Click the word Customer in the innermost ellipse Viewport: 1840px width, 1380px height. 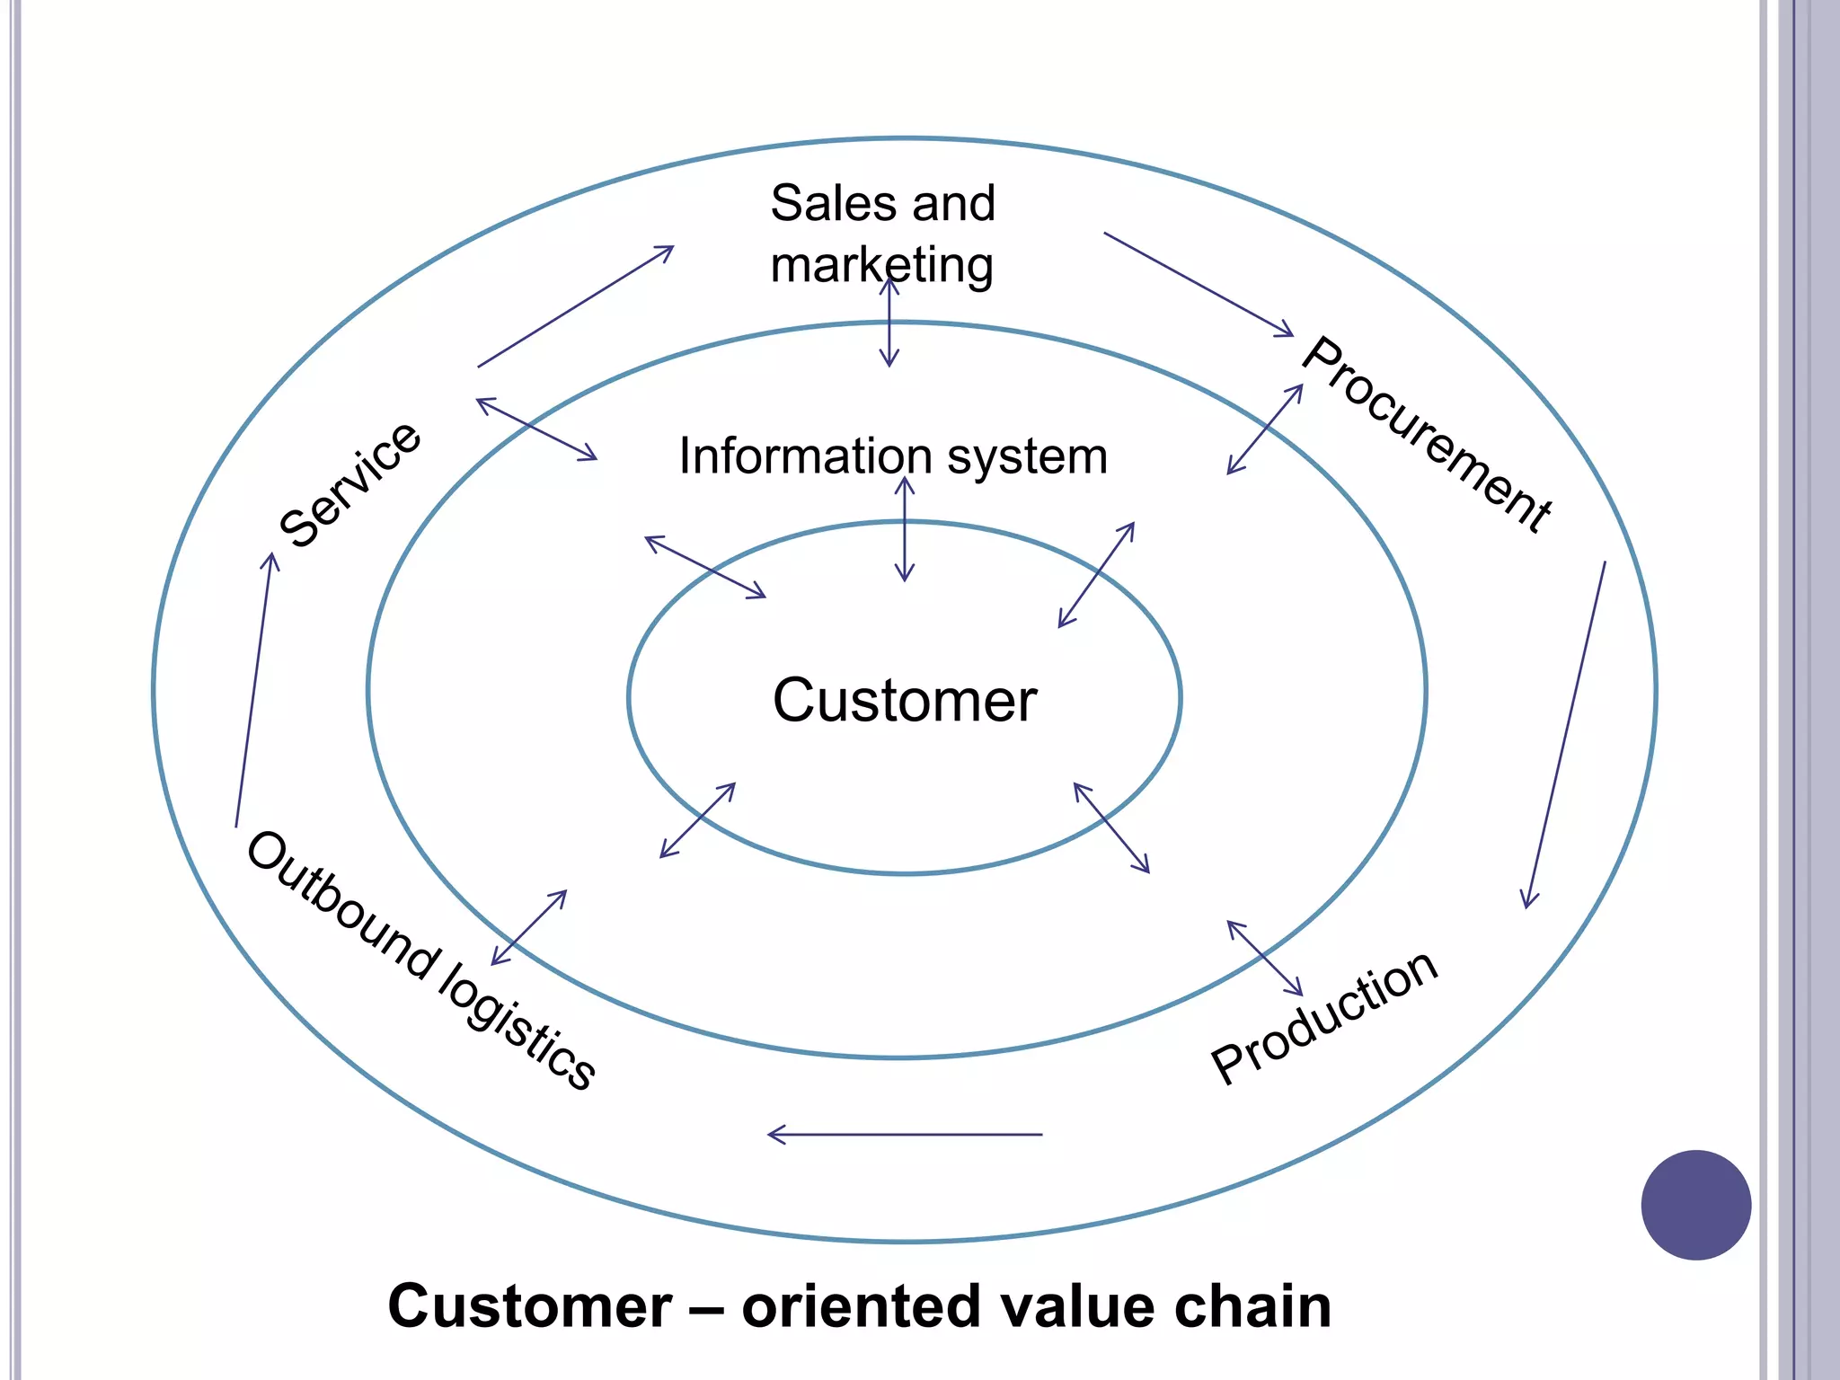[x=904, y=701]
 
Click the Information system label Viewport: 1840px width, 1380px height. [x=892, y=456]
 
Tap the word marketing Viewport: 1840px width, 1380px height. [x=881, y=266]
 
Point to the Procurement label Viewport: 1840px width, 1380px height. [x=1427, y=435]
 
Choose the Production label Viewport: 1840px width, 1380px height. [x=1324, y=1017]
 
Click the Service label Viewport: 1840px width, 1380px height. [x=350, y=484]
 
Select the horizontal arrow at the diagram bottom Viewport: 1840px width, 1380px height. [x=904, y=1135]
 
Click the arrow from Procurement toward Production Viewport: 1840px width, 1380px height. [x=1565, y=735]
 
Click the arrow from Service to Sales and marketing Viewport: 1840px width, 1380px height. [x=575, y=306]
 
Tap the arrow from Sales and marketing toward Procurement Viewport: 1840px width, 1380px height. [x=1198, y=284]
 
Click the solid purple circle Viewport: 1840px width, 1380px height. [x=1695, y=1205]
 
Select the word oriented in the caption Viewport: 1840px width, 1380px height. [x=860, y=1306]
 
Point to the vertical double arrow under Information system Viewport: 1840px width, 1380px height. [x=905, y=530]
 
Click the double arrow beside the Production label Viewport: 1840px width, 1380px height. [x=1265, y=959]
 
